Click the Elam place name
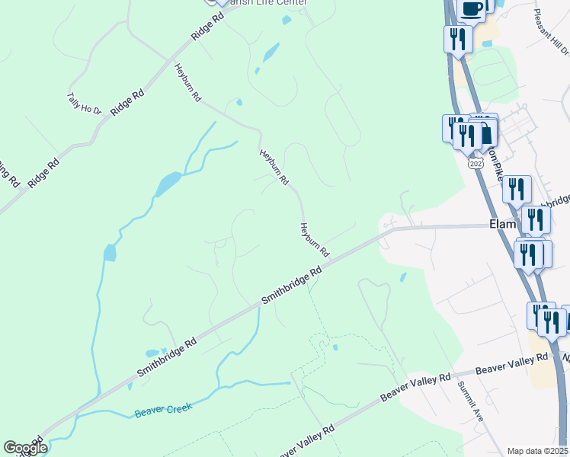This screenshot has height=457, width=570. [x=504, y=225]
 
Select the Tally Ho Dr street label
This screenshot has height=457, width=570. [x=85, y=104]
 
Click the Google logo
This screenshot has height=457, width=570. [x=24, y=448]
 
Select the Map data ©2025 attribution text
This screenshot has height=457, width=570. [x=538, y=451]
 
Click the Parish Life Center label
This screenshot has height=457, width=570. [x=263, y=2]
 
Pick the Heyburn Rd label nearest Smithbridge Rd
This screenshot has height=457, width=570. [x=314, y=239]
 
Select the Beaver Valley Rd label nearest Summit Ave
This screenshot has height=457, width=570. [x=511, y=363]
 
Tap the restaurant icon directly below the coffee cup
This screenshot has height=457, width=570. [x=458, y=38]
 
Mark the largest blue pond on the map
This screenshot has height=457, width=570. [x=168, y=184]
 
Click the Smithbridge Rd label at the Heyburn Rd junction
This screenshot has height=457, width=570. [x=293, y=284]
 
